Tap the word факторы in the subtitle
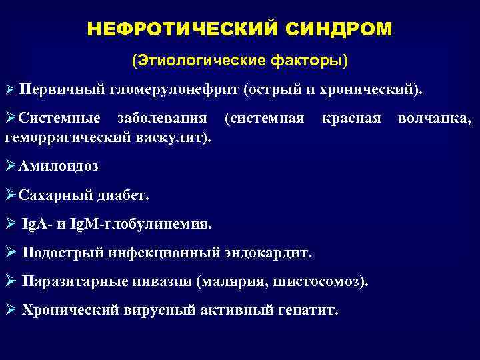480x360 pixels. point(311,61)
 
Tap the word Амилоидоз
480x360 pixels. point(59,166)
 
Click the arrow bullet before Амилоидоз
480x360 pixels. point(11,166)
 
